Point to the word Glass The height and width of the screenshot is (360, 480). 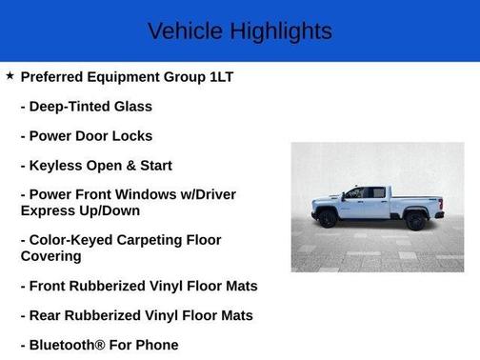[x=132, y=107]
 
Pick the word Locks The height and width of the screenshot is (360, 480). [x=130, y=136]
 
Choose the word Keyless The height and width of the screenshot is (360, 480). [x=56, y=166]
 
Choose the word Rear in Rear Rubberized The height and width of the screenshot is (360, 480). [x=47, y=315]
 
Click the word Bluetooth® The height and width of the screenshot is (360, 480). [x=70, y=345]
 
